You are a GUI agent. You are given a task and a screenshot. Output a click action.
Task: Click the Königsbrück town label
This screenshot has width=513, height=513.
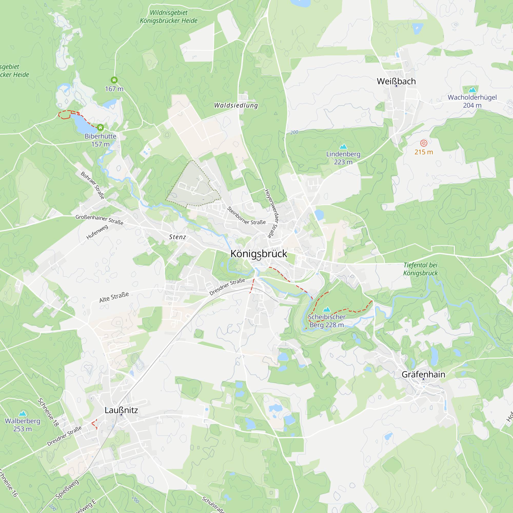coord(259,254)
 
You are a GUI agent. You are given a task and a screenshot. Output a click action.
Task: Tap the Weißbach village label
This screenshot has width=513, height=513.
coord(396,81)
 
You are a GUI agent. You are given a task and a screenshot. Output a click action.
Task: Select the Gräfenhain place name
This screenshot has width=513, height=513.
coord(423,374)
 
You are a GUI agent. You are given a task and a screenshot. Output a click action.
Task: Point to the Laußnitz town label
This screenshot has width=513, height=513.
coord(121,410)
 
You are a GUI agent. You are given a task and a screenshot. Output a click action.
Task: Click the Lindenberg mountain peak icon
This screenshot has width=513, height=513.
coord(343,146)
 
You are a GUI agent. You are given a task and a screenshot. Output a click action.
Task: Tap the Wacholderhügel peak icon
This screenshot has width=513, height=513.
coord(472,90)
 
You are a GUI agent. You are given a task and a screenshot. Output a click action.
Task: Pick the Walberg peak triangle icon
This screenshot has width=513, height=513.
coord(23,413)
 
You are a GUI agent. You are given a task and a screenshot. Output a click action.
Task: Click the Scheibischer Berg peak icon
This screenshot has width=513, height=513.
coord(327,309)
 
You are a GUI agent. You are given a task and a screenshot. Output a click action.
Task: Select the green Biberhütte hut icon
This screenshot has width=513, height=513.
coord(100,128)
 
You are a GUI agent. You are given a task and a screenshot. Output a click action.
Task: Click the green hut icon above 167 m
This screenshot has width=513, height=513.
coord(114,80)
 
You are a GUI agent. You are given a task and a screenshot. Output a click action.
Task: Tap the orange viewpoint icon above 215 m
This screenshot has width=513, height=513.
coord(424,143)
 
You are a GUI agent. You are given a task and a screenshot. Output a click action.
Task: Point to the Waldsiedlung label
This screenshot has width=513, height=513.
coord(236,105)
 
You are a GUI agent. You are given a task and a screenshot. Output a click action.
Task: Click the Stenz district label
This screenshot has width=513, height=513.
coord(178,237)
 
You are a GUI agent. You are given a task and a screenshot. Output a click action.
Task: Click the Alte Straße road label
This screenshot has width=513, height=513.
coord(114,297)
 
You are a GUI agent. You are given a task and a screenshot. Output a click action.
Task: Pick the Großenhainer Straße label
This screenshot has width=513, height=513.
coord(99,219)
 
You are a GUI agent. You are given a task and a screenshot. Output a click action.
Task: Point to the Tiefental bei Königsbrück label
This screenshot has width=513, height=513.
coord(421,269)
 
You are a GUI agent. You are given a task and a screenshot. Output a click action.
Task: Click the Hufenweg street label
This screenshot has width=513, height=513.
coord(97,232)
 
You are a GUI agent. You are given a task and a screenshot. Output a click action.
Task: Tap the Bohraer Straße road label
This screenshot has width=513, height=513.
coord(92,185)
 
